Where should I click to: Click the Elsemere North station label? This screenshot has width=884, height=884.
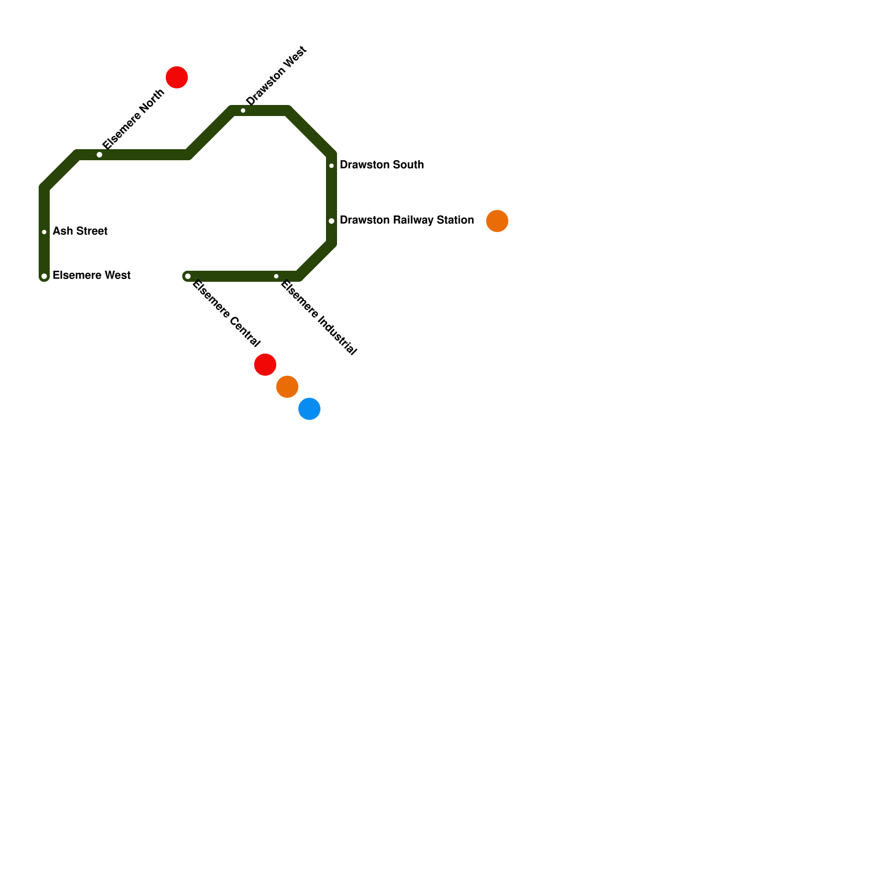coord(134,119)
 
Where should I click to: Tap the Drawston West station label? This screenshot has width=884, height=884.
coord(276,76)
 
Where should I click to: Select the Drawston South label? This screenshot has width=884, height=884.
coord(382,165)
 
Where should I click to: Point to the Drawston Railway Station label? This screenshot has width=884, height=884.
coord(407,220)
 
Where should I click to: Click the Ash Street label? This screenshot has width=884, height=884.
coord(80,231)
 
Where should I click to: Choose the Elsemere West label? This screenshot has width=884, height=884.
coord(92,276)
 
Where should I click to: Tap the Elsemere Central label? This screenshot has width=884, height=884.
coord(225,314)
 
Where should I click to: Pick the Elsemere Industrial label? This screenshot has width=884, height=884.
coord(319,318)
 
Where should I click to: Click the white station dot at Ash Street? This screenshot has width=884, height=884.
coord(44,232)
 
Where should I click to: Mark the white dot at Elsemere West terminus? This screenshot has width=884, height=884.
coord(44,276)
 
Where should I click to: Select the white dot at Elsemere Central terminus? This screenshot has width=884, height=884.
coord(188,276)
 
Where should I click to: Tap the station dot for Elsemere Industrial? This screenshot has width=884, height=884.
coord(276,276)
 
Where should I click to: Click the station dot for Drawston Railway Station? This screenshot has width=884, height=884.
coord(331,221)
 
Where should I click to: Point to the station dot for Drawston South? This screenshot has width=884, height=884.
coord(331,166)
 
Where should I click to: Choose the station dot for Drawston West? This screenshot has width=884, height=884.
coord(243,111)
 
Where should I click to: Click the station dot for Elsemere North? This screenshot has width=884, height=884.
coord(99,155)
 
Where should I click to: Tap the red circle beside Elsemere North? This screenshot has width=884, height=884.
coord(177,77)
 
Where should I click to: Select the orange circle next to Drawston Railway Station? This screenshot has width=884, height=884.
coord(497,221)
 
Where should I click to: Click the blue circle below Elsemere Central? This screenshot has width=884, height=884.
coord(309,409)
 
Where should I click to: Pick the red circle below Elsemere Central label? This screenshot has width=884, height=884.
coord(265,365)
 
